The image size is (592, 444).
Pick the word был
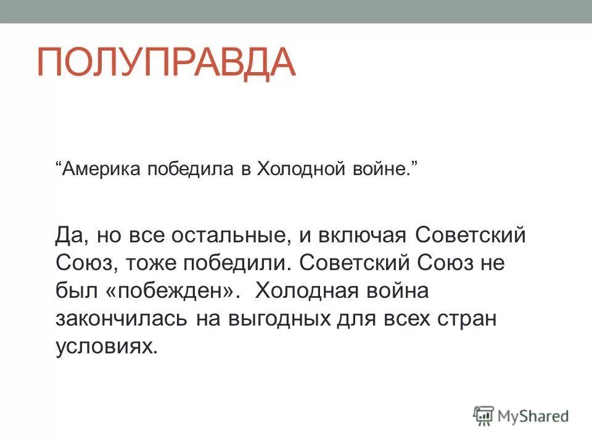(x=73, y=292)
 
